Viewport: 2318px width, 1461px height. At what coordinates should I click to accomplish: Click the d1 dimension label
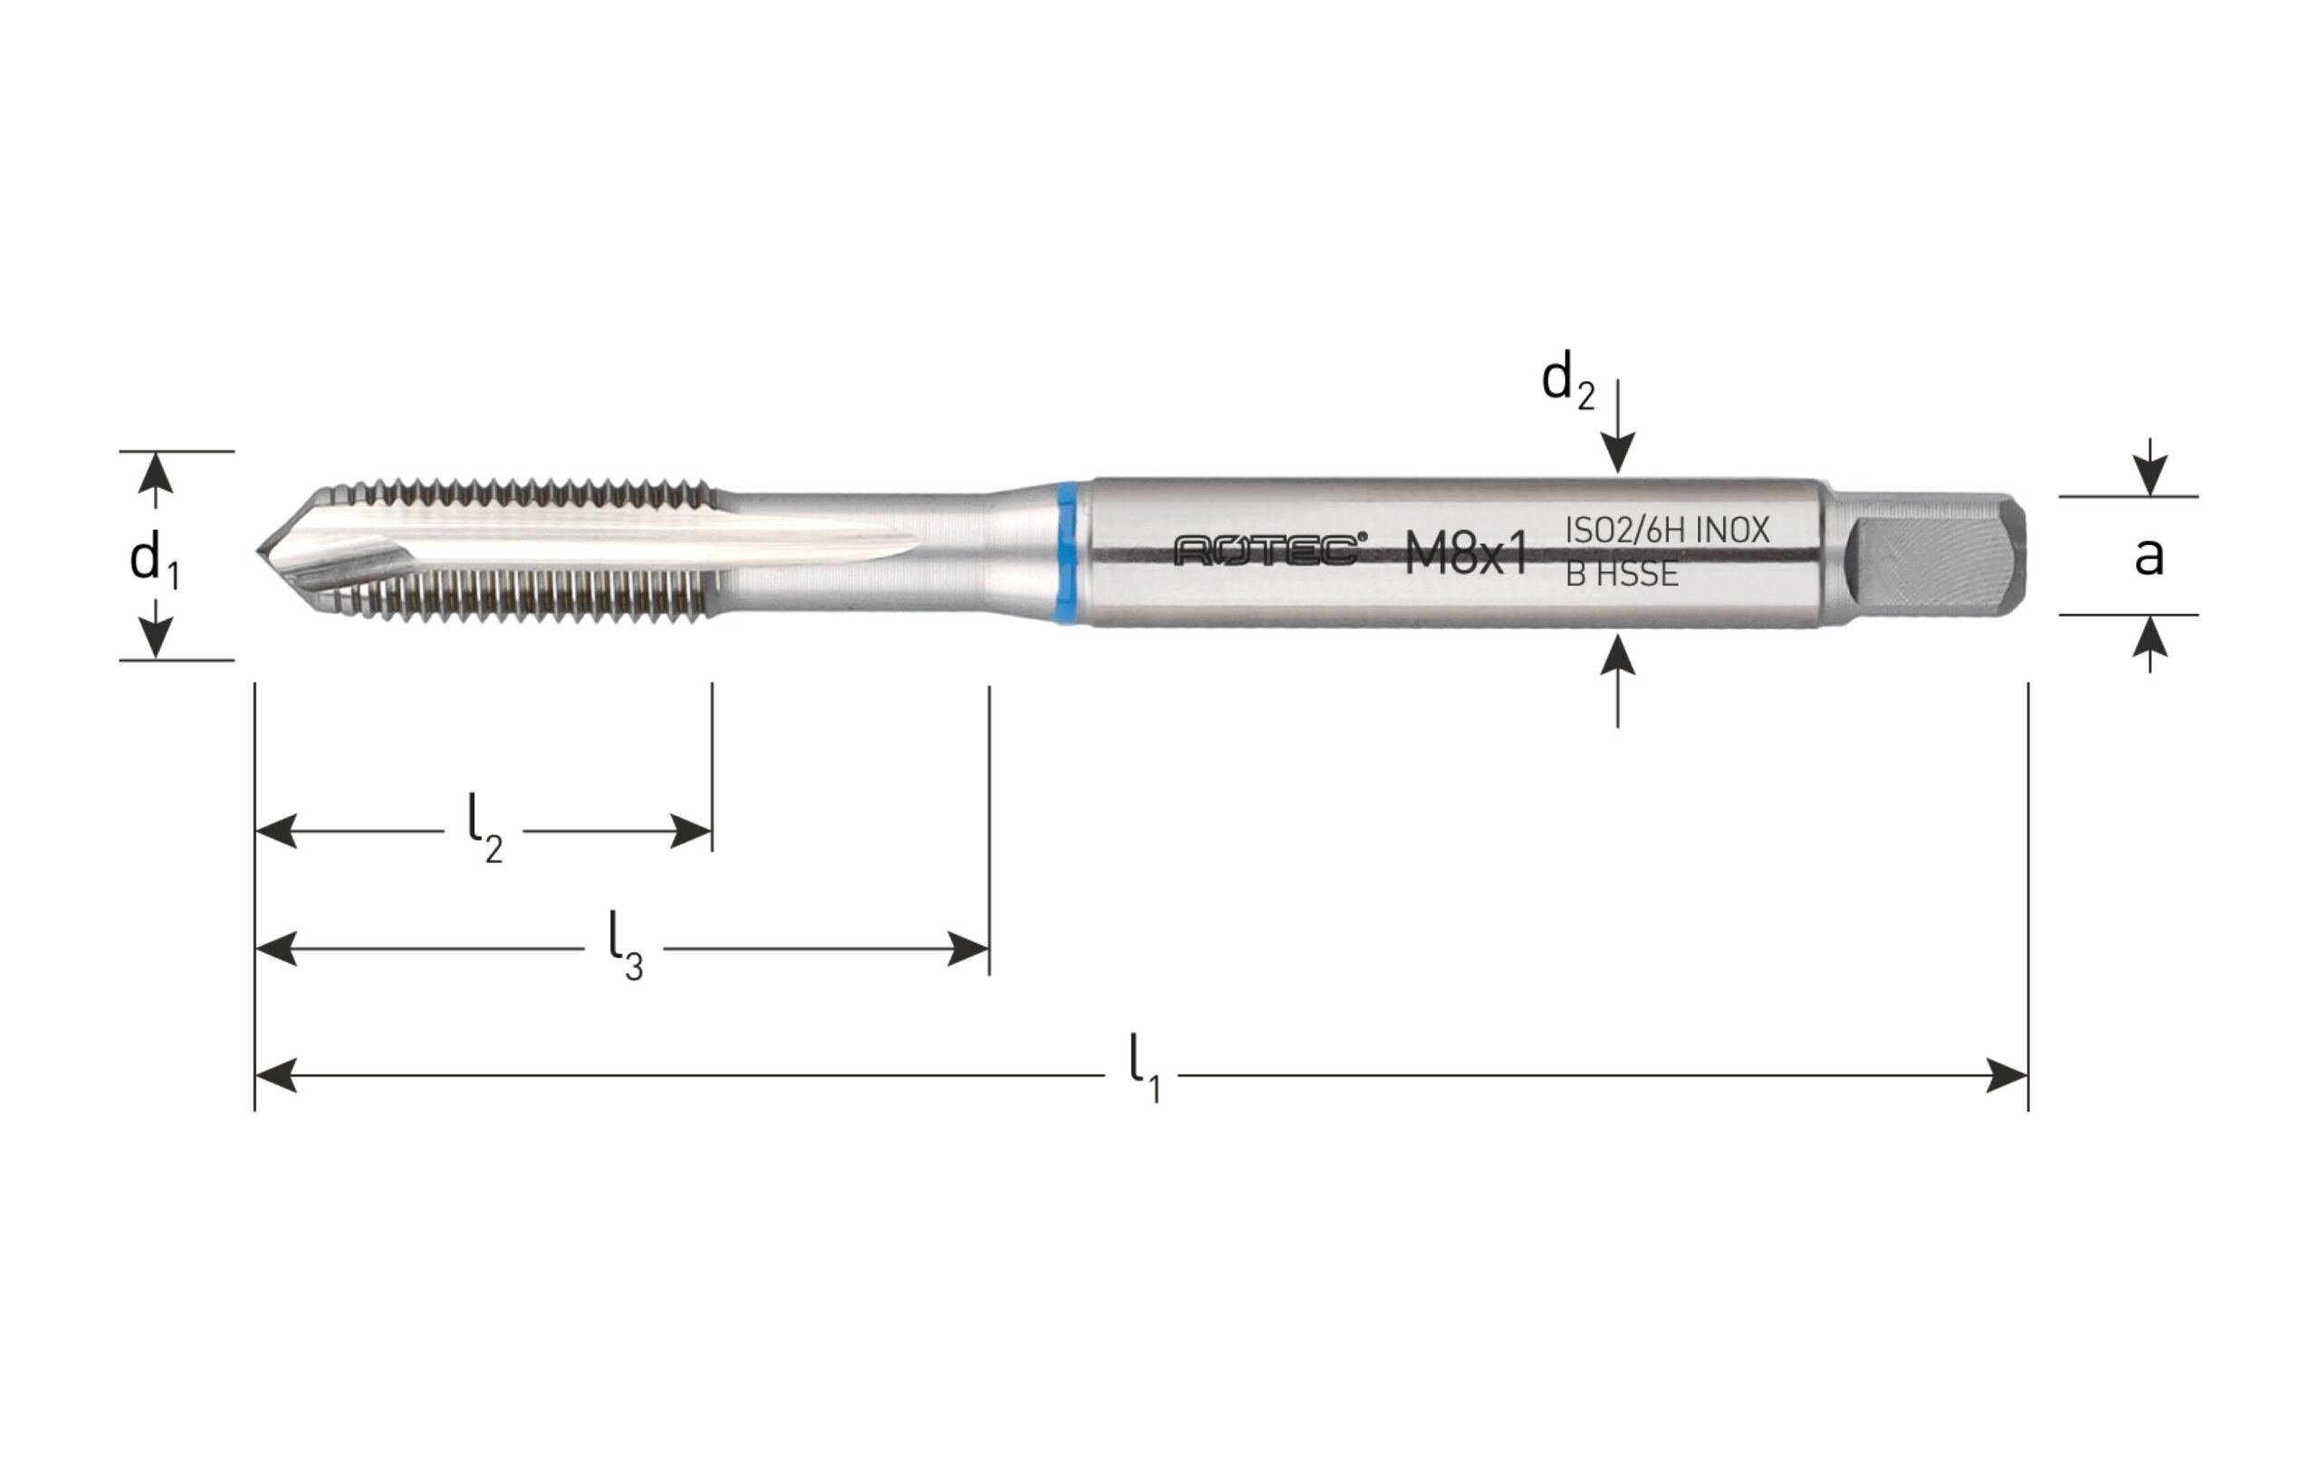[x=154, y=559]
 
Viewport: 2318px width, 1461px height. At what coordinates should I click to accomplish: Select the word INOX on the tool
[x=1732, y=530]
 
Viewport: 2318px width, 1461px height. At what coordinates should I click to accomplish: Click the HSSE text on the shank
[x=1637, y=575]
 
